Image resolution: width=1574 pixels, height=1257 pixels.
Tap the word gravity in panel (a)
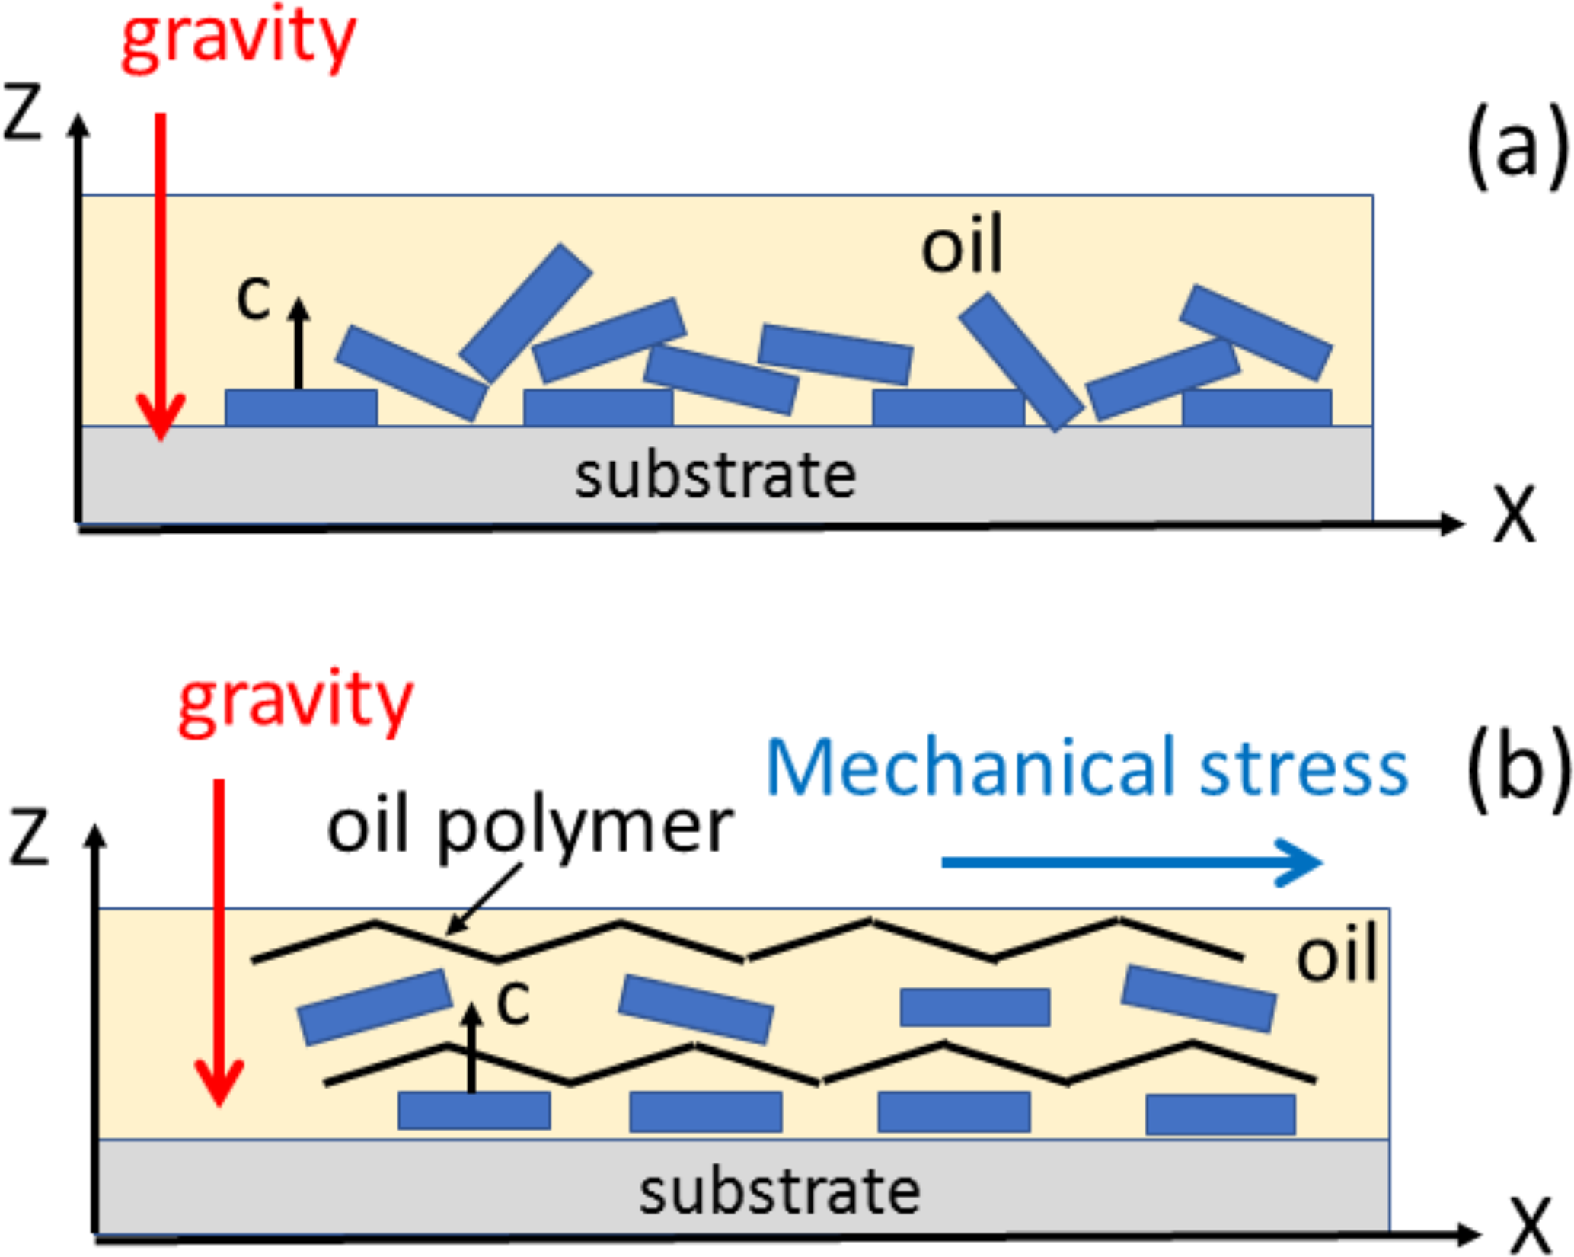[x=238, y=38]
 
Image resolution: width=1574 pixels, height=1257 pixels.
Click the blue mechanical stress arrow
[x=1132, y=862]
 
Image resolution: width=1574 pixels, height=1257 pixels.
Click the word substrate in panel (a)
[x=715, y=476]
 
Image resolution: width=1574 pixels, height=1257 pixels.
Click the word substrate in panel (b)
[x=779, y=1192]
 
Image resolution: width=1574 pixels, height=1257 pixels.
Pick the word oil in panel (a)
[x=962, y=245]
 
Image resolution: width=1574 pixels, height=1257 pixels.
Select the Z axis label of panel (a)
[x=23, y=113]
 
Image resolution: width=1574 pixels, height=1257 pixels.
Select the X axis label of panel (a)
[x=1514, y=514]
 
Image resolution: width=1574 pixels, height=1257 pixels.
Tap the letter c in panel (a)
[x=254, y=297]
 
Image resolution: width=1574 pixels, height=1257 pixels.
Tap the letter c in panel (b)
[x=512, y=1001]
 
